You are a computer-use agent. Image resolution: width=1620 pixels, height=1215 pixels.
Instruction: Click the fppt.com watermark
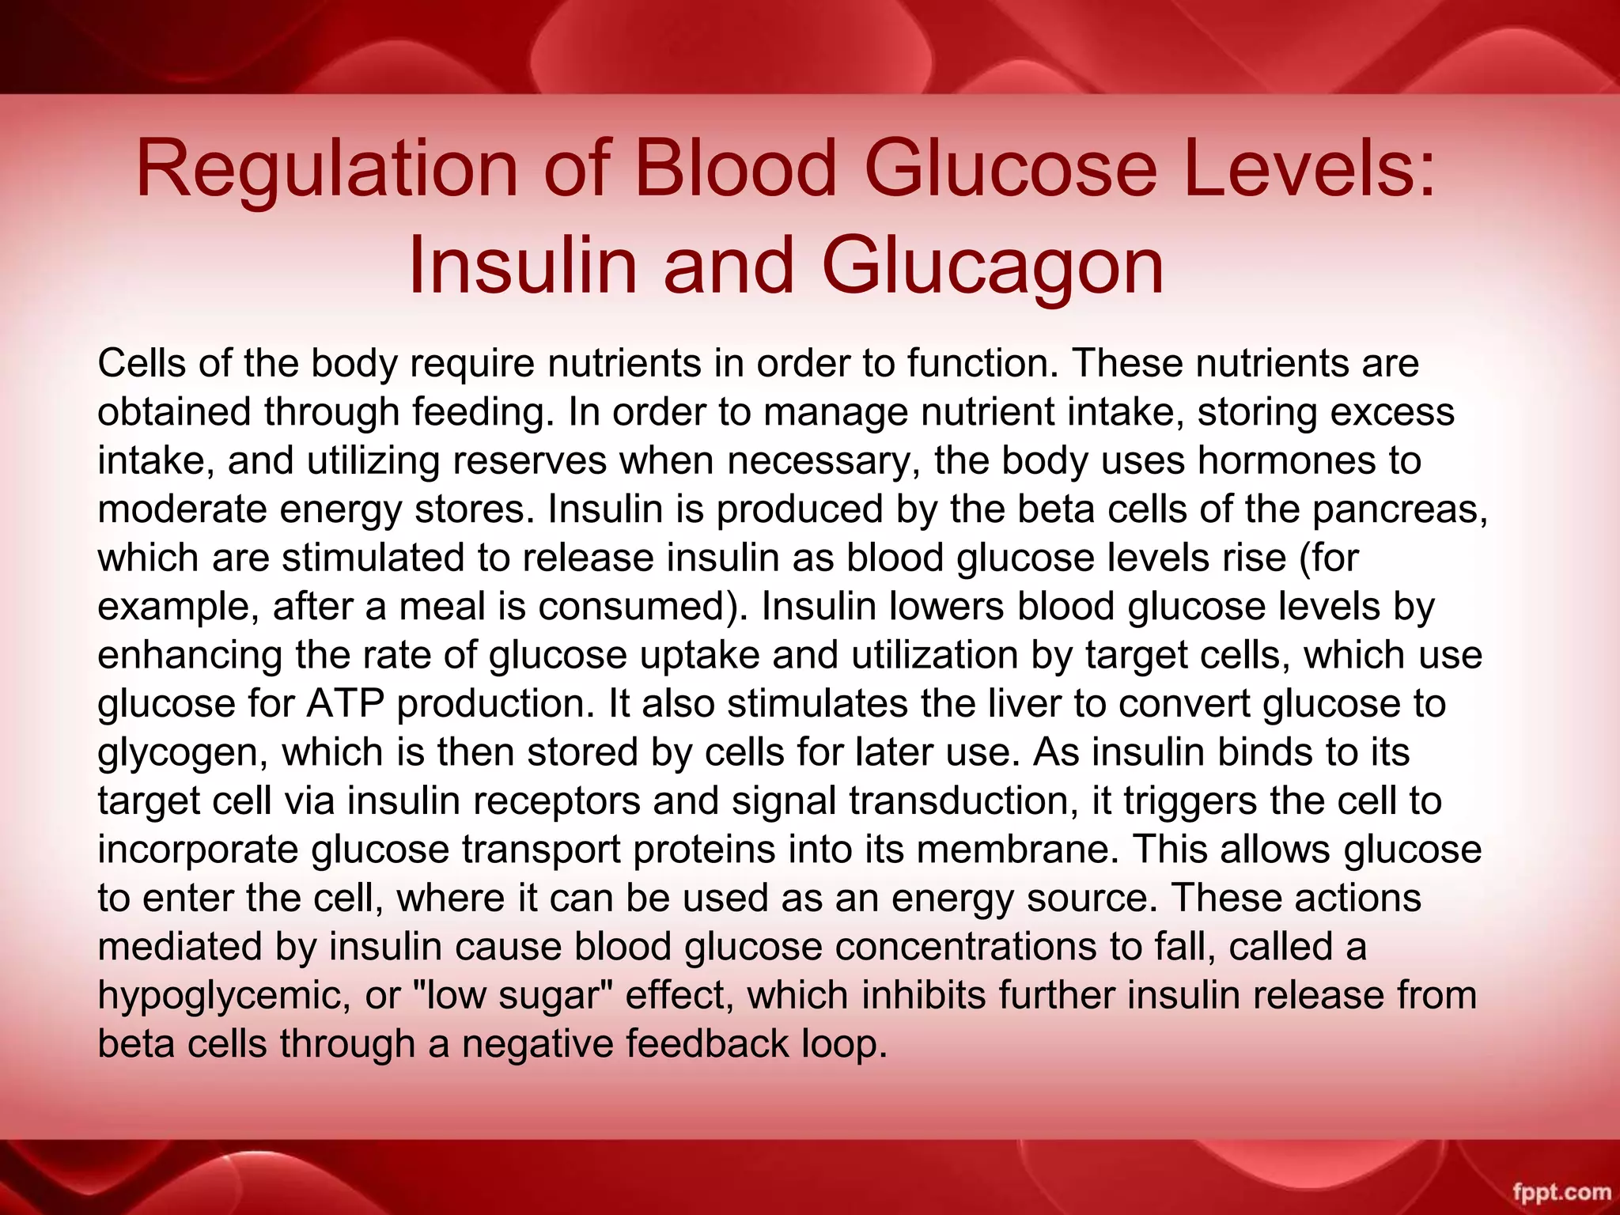pos(1561,1191)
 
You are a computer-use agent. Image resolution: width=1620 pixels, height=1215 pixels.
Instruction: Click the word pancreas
pos(1399,509)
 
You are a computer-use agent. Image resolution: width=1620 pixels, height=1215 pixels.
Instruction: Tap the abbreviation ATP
pos(346,704)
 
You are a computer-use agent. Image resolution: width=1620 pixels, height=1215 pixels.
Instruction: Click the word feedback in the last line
pos(707,1043)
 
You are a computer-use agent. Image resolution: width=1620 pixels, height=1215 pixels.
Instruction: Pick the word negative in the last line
pos(537,1043)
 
